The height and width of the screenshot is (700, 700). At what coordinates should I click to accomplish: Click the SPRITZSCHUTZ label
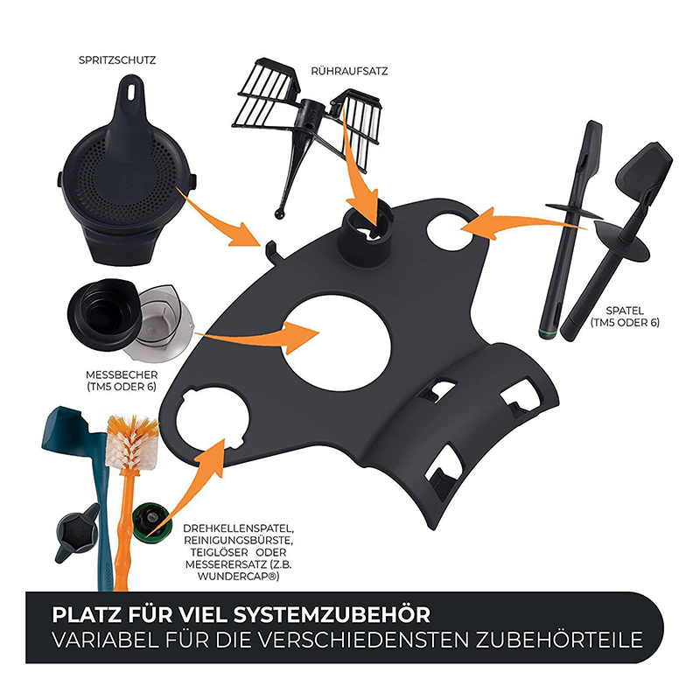(x=117, y=60)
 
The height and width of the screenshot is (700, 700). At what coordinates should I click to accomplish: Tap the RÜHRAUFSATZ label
(x=349, y=72)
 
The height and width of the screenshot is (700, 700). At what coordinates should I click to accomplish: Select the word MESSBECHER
(x=122, y=375)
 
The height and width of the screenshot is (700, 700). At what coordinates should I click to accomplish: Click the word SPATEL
(x=625, y=311)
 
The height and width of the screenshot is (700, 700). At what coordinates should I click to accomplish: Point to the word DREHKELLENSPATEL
(x=238, y=529)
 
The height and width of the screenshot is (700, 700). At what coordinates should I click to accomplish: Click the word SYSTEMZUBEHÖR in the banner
(x=332, y=615)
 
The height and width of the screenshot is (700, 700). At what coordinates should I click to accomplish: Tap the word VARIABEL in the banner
(x=105, y=640)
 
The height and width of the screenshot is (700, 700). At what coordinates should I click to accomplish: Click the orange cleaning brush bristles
(x=132, y=442)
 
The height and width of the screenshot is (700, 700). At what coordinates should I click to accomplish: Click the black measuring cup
(x=105, y=315)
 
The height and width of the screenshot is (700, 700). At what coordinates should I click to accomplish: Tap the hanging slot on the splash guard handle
(x=130, y=92)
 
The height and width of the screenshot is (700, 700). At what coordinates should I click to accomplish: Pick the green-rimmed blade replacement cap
(x=150, y=521)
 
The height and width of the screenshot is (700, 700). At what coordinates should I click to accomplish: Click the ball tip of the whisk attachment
(x=279, y=214)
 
